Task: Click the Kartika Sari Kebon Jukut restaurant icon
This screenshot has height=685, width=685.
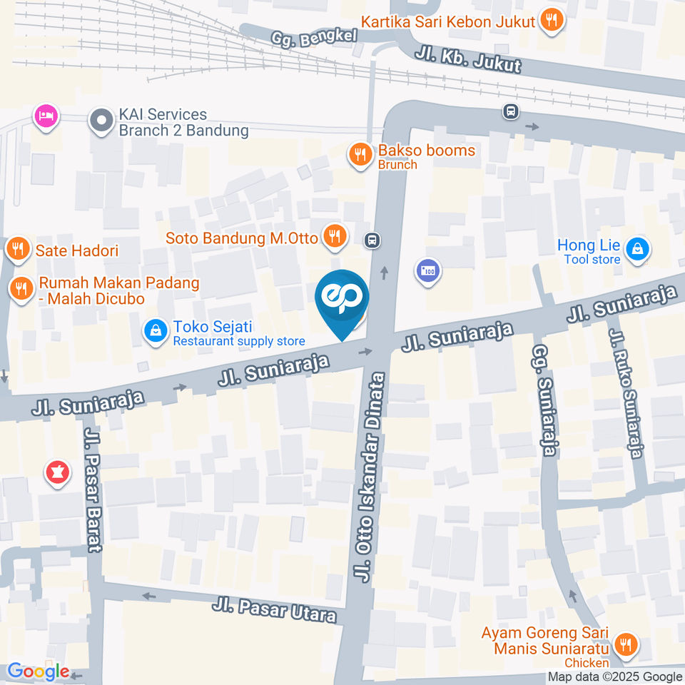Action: coord(550,21)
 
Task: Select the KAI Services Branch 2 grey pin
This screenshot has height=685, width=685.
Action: coord(101,121)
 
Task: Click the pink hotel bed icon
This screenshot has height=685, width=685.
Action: coord(46,116)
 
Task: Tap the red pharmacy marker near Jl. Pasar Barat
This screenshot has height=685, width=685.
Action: coord(56,472)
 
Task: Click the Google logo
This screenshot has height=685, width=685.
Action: coord(38,671)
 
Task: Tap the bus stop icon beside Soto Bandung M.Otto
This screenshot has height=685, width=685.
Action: coord(371,240)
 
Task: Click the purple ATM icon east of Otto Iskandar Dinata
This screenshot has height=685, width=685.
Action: coord(427,271)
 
